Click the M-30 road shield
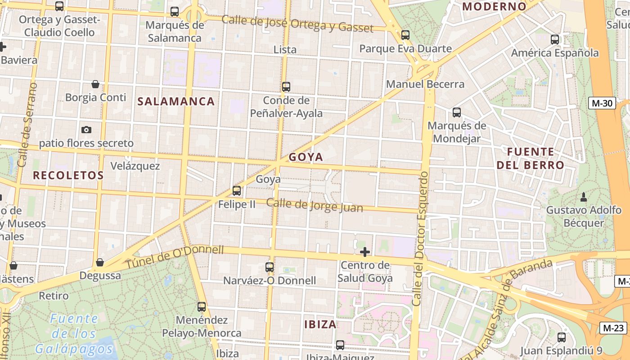(x=602, y=103)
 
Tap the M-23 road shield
(x=612, y=328)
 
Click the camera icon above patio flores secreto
(x=86, y=130)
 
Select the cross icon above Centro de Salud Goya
(x=365, y=252)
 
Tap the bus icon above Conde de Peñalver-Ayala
(x=286, y=87)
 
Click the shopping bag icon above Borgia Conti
(x=95, y=84)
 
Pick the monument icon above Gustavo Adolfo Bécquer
(x=584, y=197)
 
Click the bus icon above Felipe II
(x=237, y=191)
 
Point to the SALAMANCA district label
(x=176, y=101)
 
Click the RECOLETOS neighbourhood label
(x=68, y=175)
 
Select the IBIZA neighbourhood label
(x=320, y=324)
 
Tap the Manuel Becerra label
(x=425, y=84)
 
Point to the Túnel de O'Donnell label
(x=175, y=256)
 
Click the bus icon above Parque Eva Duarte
(x=405, y=35)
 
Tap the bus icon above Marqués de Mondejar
(x=457, y=112)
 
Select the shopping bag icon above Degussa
(x=100, y=262)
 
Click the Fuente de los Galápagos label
(x=74, y=333)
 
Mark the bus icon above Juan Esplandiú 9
(x=562, y=337)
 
